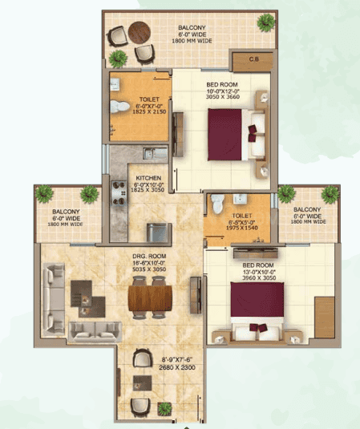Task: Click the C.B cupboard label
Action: tap(253, 59)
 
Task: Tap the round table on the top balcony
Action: tap(139, 35)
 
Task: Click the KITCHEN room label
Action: tap(148, 177)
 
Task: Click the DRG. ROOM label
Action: tap(149, 257)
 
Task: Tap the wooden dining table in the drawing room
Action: tap(150, 298)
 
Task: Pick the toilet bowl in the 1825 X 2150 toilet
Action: tap(117, 104)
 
